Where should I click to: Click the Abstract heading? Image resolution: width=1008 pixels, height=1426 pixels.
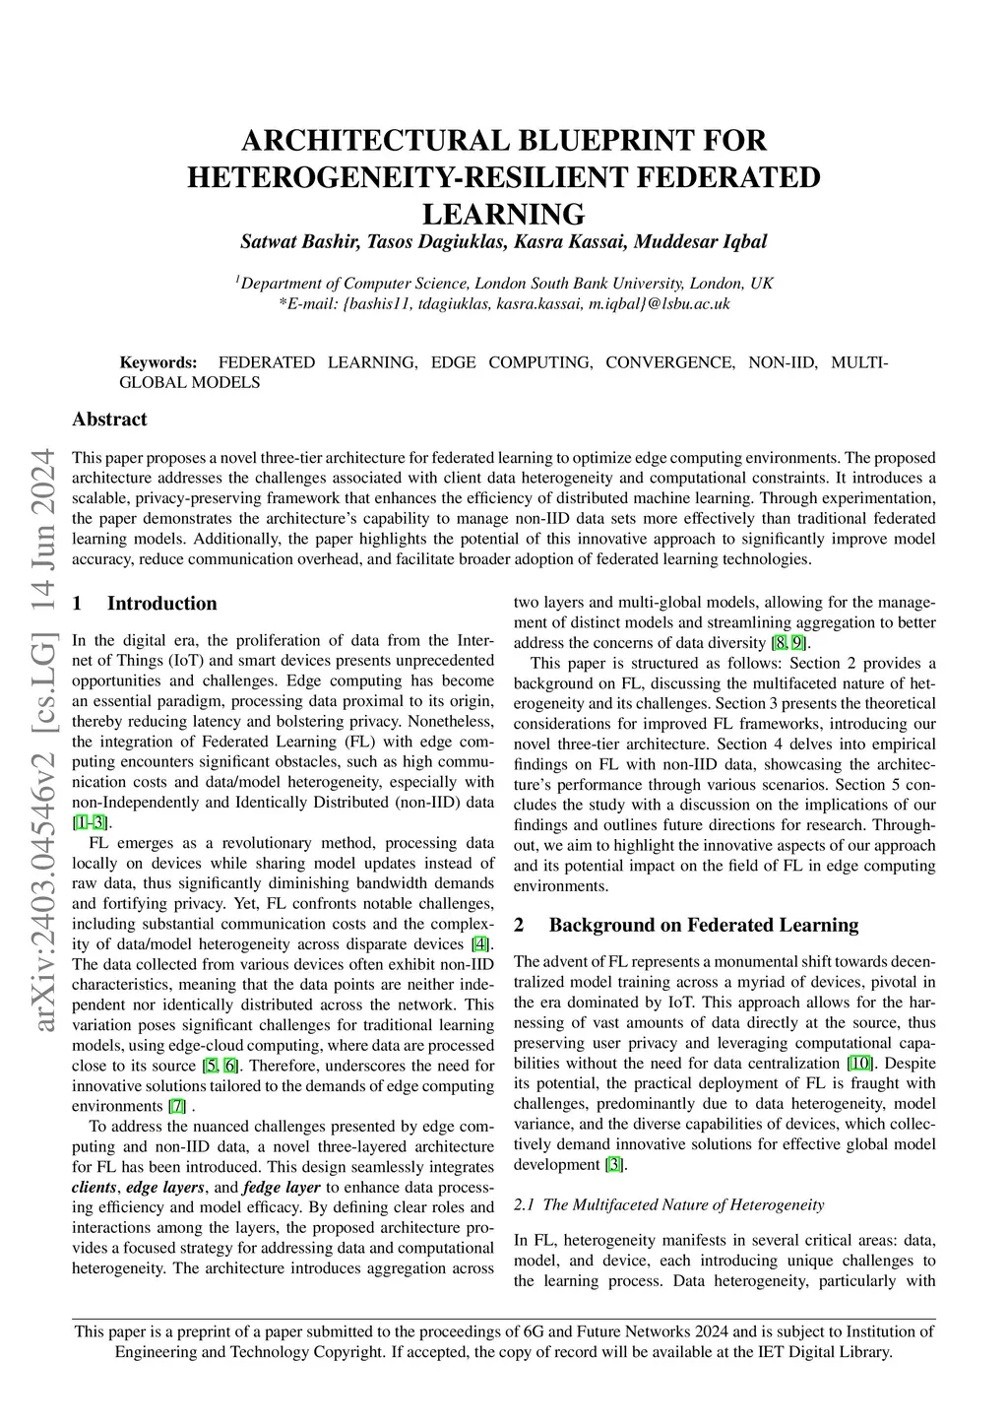coord(109,420)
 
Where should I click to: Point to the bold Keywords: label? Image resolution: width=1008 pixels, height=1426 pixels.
coord(158,362)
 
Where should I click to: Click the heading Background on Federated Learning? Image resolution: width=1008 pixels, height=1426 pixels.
coord(703,926)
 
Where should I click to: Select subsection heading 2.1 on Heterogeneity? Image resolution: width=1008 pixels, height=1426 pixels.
coord(669,1204)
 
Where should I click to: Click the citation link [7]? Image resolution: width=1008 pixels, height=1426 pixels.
coord(177,1106)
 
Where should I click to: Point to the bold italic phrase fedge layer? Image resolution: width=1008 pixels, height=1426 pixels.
coord(282,1187)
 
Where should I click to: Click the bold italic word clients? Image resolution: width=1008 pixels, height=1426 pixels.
coord(94,1187)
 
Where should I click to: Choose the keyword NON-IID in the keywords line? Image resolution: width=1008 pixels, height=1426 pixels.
coord(783,362)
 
